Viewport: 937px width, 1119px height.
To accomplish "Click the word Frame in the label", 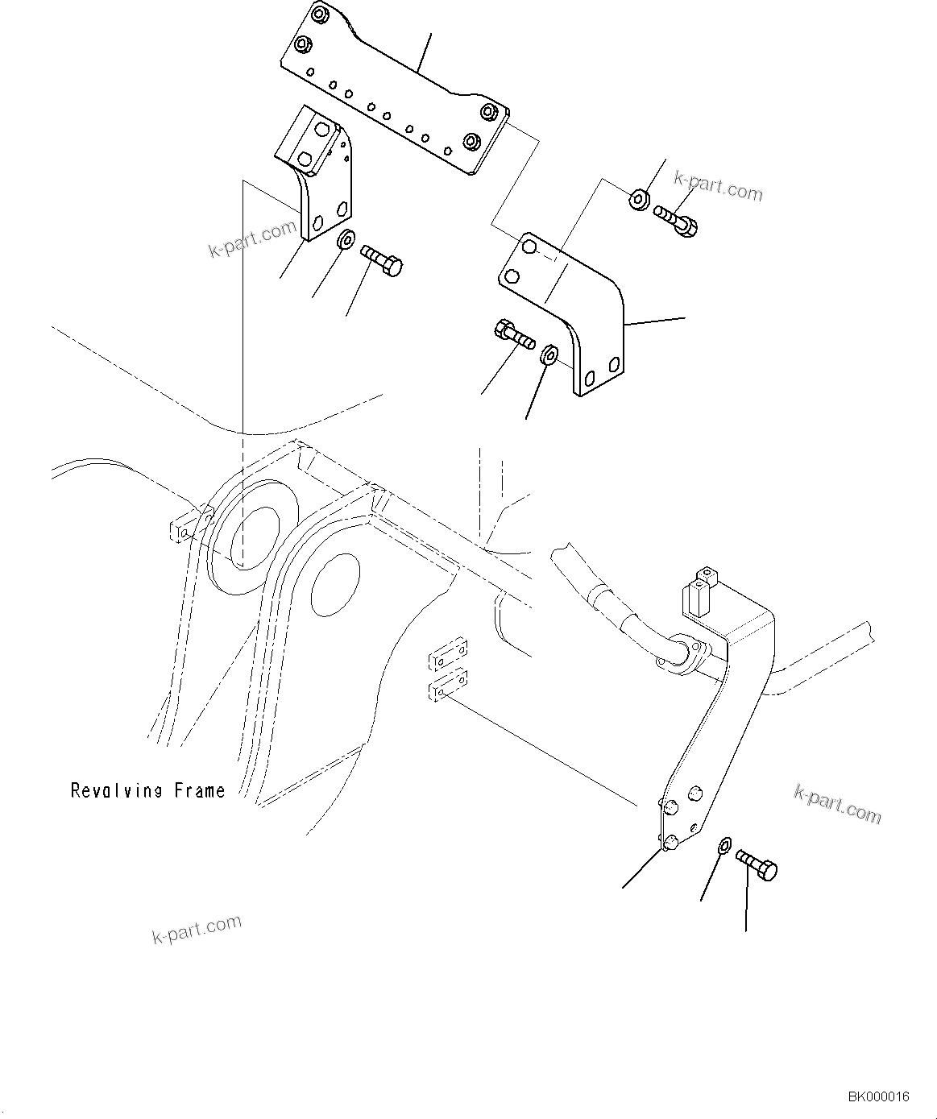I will click(x=199, y=790).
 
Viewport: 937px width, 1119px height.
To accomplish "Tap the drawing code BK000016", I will click(x=877, y=1096).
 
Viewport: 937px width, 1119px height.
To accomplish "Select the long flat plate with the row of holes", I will click(x=395, y=89).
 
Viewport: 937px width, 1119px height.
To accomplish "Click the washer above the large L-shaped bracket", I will click(x=638, y=198).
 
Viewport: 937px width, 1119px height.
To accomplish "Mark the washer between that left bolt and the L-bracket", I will click(x=551, y=353).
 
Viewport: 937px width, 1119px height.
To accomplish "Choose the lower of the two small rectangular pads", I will click(x=447, y=687).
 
